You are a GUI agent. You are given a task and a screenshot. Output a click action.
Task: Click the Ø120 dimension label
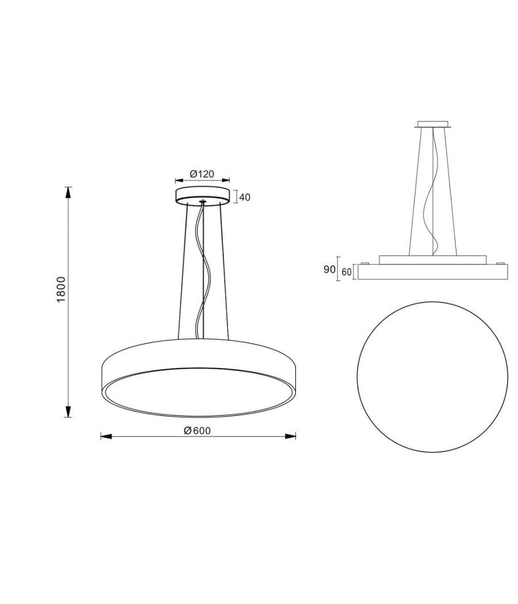(202, 174)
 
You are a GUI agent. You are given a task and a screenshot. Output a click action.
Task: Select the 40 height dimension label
(245, 197)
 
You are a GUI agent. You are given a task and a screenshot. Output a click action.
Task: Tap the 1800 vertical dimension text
(62, 290)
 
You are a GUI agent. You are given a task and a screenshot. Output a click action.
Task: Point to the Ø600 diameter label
(197, 431)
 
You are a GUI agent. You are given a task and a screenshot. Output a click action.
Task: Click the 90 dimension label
(329, 269)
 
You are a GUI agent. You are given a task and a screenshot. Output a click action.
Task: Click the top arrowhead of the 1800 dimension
(68, 192)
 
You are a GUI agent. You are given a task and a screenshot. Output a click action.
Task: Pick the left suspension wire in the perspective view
(181, 270)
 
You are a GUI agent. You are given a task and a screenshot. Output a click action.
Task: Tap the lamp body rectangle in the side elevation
(432, 272)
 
